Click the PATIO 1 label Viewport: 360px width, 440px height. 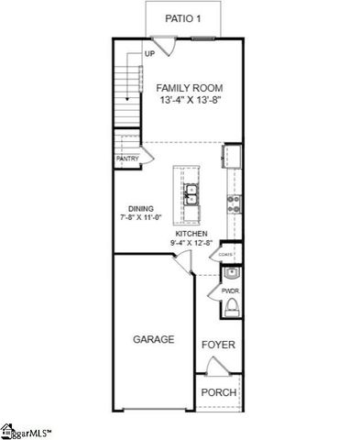[183, 18]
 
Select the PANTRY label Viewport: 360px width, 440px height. [127, 159]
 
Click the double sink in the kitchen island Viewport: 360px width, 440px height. [192, 193]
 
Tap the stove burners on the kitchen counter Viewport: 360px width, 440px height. [233, 203]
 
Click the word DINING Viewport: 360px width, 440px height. [140, 208]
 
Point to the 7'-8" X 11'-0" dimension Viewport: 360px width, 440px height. [140, 218]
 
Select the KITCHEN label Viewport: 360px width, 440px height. [191, 235]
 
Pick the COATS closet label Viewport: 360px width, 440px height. [229, 257]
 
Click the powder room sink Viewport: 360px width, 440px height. [232, 272]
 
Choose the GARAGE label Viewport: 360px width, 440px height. [154, 339]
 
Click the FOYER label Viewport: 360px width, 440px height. [218, 345]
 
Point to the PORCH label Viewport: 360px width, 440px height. [219, 392]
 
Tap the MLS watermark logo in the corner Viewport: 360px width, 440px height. [26, 430]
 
